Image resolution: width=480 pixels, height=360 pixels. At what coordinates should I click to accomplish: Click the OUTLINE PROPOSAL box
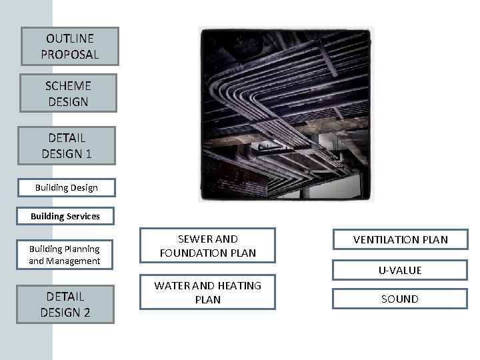coord(69,47)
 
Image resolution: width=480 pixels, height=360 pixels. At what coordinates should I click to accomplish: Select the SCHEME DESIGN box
coord(68,93)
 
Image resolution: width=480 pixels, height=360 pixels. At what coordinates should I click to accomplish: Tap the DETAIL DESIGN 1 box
coord(67,145)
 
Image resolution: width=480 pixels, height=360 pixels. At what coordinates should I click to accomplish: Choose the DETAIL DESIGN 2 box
coord(65,304)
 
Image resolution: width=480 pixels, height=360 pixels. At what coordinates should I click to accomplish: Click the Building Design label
coord(67,188)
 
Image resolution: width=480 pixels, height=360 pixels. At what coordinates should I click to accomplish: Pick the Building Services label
coord(65,216)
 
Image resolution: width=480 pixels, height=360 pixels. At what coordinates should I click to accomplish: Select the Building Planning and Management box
coord(64,255)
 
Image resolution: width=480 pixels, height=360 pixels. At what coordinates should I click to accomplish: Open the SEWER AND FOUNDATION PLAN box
coord(207,246)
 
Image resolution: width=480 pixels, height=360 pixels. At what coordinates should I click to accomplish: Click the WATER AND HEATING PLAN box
coord(207,293)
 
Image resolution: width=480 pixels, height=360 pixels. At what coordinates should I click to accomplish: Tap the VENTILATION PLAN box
coord(400,239)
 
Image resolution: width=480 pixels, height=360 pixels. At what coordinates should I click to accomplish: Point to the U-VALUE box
coord(400,270)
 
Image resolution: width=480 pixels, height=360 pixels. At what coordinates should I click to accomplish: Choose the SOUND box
coord(400,299)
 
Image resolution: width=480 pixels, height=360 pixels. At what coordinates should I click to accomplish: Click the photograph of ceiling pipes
coord(287,113)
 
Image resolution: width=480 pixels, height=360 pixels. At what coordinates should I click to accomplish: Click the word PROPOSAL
coord(69,55)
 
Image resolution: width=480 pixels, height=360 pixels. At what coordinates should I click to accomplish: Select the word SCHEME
coord(68,85)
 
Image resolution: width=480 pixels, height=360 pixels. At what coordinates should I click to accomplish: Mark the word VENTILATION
coord(387,239)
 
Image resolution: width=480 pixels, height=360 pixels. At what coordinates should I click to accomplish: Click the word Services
coord(83,216)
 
